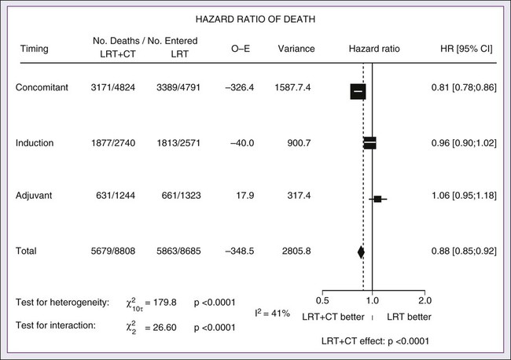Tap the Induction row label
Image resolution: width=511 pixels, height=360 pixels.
(x=35, y=143)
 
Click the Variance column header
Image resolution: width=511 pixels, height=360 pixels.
(x=296, y=50)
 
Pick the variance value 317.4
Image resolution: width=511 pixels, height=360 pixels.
(x=298, y=198)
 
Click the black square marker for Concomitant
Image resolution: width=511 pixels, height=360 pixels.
(x=358, y=91)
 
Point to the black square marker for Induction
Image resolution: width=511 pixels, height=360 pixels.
(x=369, y=143)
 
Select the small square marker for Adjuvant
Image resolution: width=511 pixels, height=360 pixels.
(x=377, y=199)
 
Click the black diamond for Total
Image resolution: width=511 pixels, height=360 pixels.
(x=361, y=252)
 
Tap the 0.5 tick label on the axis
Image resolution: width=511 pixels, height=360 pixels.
(x=322, y=300)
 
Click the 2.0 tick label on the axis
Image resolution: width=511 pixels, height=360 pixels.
(x=424, y=300)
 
